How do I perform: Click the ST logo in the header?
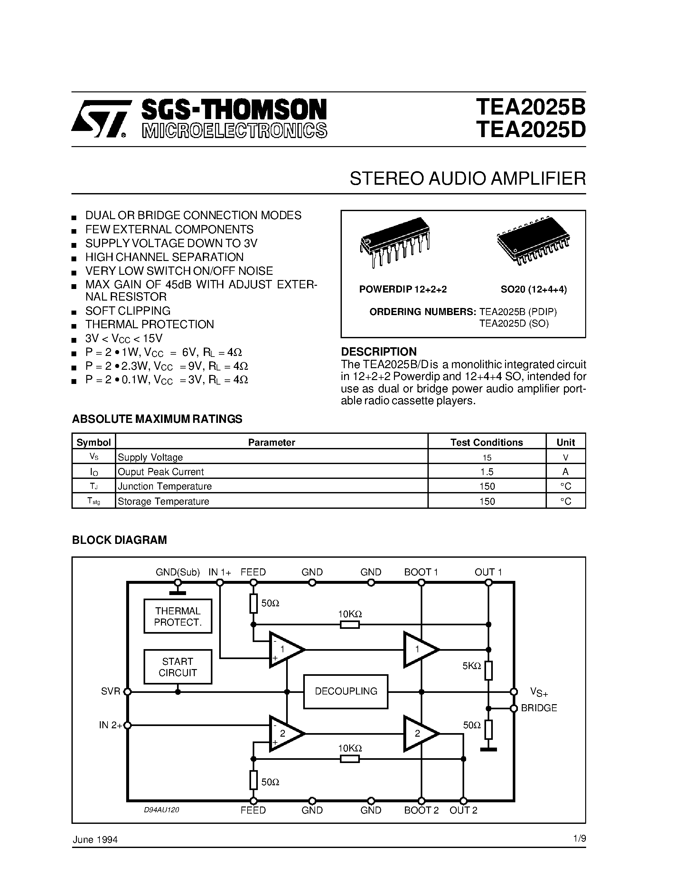click(99, 118)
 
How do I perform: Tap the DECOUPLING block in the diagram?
click(346, 691)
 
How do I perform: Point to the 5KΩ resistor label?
click(472, 666)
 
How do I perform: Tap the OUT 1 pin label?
click(488, 572)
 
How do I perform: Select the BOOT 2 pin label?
click(421, 810)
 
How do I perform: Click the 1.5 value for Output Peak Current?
click(487, 472)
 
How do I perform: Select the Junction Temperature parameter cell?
click(164, 486)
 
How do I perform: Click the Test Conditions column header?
click(487, 442)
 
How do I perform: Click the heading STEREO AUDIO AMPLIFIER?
click(468, 178)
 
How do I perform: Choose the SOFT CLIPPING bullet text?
click(128, 311)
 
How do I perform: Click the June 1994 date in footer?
click(95, 840)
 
